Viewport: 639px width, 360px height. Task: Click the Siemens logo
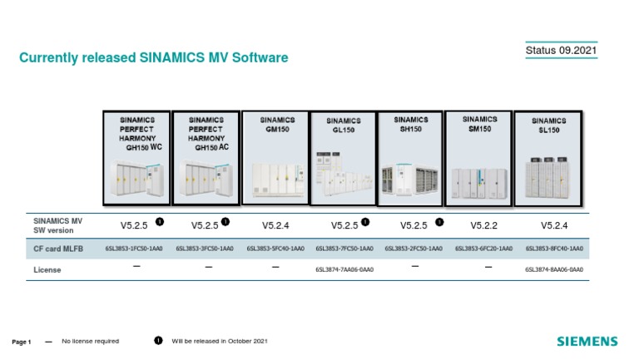tap(587, 341)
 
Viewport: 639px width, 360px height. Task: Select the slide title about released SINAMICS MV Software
tap(154, 58)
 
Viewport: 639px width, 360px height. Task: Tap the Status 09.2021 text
tap(561, 52)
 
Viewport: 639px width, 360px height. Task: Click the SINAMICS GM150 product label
tap(277, 125)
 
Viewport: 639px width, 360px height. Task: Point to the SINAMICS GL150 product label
tap(344, 126)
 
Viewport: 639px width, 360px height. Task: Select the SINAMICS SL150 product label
tap(547, 126)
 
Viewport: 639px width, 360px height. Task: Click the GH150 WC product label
tap(136, 133)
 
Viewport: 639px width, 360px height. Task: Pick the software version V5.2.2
tap(484, 224)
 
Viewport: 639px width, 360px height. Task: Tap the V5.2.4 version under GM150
tap(275, 224)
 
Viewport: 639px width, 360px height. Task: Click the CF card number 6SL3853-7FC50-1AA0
tap(344, 248)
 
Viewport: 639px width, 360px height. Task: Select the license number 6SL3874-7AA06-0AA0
tap(344, 269)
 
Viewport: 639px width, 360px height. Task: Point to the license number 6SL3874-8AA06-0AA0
tap(554, 269)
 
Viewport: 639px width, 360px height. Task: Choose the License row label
tap(47, 269)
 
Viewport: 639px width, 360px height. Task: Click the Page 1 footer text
tap(22, 342)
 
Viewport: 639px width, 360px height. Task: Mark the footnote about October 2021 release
tap(220, 341)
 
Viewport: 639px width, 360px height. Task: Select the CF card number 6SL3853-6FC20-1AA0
tap(484, 248)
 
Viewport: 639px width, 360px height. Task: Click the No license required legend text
tap(91, 341)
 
